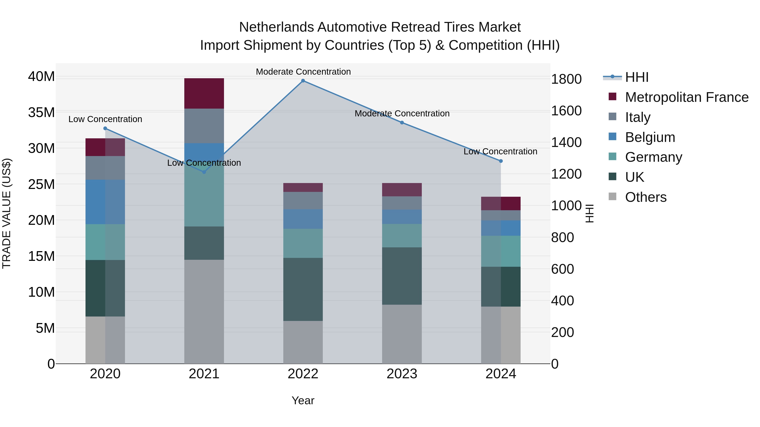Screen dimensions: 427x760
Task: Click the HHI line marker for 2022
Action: [x=303, y=81]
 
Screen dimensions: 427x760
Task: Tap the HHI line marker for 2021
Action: [x=204, y=172]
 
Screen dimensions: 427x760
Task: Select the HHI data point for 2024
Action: [x=501, y=161]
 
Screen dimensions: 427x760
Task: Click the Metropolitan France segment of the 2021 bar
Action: [x=204, y=93]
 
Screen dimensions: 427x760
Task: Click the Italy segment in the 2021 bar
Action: [x=204, y=126]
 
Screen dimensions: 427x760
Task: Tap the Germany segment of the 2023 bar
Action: [x=402, y=236]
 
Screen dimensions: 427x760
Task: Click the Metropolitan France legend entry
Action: [x=686, y=97]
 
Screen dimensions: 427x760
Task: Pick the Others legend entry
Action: [x=646, y=197]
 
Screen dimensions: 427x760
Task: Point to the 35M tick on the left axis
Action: [x=41, y=113]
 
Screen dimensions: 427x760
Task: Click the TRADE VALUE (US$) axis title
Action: [x=7, y=213]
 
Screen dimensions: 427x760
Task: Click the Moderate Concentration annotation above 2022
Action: [x=303, y=72]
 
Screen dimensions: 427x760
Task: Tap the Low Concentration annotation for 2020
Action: [x=105, y=119]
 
